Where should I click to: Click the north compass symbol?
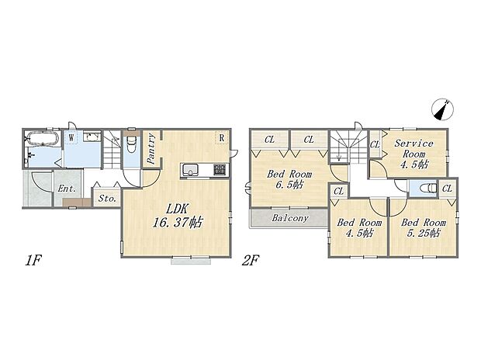pos(442,109)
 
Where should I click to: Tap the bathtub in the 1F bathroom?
pos(42,138)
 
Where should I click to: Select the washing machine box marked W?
pos(71,137)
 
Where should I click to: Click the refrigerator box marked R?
pos(221,138)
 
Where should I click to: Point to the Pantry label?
pos(151,148)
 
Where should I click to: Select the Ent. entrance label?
pos(67,189)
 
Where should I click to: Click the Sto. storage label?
pos(107,199)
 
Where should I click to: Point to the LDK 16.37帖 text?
pos(178,216)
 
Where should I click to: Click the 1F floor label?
pos(33,261)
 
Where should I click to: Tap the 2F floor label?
pos(251,261)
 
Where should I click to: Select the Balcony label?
pos(290,218)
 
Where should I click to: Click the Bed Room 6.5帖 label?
pos(289,179)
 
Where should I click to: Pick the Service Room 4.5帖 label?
pos(414,154)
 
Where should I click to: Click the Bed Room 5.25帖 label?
pos(424,227)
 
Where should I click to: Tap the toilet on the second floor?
pos(429,188)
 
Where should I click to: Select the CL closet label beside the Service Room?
pos(375,144)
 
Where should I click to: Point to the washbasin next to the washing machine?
pos(92,137)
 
